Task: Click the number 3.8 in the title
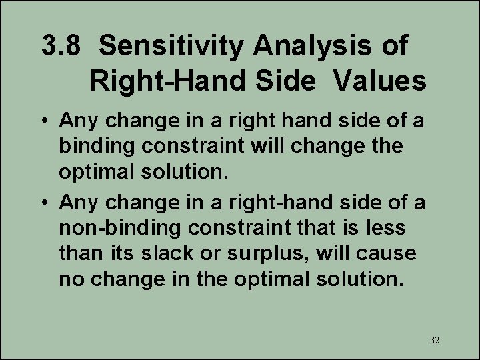coord(62,47)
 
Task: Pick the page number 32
coord(434,340)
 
